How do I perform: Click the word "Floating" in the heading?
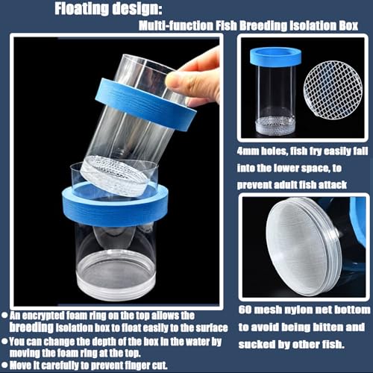pyautogui.click(x=81, y=9)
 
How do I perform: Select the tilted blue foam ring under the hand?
pyautogui.click(x=145, y=104)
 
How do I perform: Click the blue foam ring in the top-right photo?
pyautogui.click(x=275, y=57)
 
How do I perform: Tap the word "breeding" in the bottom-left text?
pyautogui.click(x=31, y=327)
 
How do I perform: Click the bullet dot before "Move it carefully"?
pyautogui.click(x=4, y=365)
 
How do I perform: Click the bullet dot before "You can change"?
pyautogui.click(x=4, y=341)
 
